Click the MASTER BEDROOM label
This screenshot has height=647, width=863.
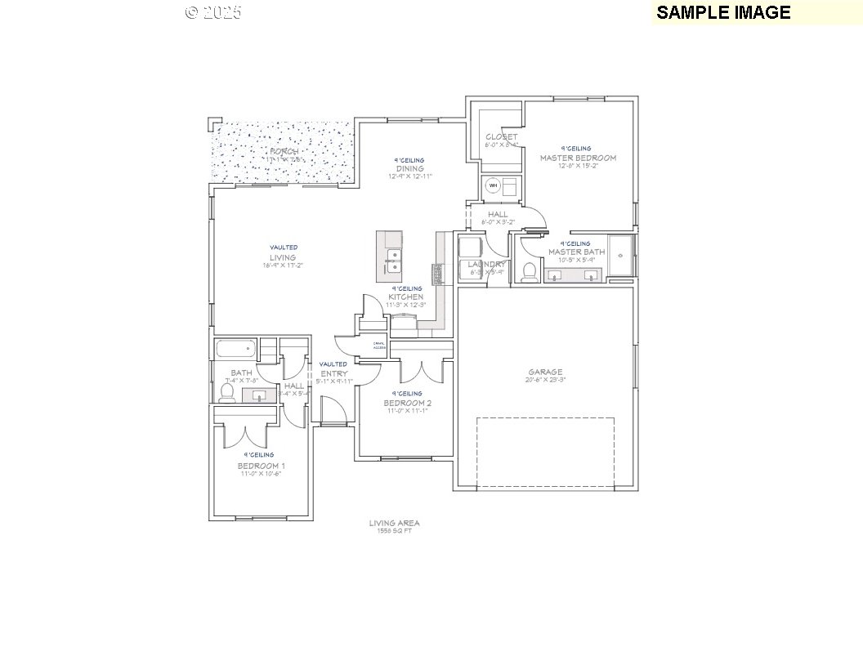pos(577,158)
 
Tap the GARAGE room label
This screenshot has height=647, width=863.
pos(544,373)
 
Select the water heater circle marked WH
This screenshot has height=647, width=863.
pos(492,186)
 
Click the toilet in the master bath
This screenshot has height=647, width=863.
pos(530,270)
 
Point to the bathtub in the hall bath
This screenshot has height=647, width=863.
pos(235,350)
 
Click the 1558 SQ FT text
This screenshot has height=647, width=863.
pos(394,531)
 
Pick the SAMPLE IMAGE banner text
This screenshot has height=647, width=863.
pos(722,12)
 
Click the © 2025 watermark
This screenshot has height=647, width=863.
pos(213,12)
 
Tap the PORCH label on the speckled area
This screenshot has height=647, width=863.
pos(284,152)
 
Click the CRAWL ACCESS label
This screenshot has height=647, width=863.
pos(379,346)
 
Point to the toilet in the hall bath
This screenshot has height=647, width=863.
pos(228,392)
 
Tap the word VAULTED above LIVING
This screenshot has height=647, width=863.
pos(284,247)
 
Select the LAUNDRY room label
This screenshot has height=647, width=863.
pos(486,265)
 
